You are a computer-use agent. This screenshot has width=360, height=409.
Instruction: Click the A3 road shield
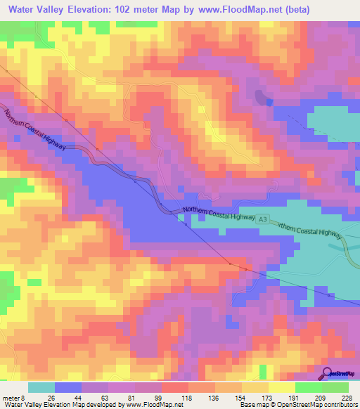pos(262,221)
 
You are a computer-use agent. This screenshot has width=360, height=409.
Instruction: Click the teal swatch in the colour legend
pos(41,387)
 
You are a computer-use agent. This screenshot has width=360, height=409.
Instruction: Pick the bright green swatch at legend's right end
pos(335,387)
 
